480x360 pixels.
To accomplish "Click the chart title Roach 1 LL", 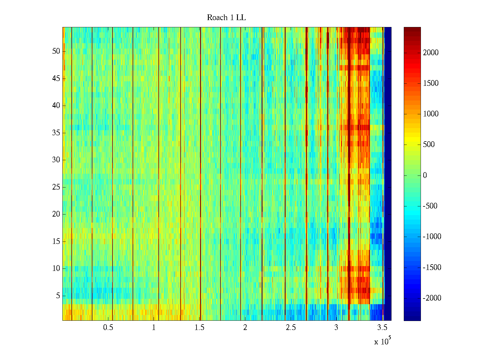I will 226,18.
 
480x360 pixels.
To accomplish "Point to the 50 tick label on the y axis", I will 56,51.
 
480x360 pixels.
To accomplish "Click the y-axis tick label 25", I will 56,187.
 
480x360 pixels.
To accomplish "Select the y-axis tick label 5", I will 58,296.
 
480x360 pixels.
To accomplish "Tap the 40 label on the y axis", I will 56,106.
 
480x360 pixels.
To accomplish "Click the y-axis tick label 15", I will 56,241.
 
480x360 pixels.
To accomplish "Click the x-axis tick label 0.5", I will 108,328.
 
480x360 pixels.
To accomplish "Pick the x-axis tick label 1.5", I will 199,328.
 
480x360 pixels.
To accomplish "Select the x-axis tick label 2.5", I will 291,328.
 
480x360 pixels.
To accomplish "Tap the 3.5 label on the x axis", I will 382,328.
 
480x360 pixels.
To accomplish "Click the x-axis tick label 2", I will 245,328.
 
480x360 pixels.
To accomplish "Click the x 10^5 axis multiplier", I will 382,341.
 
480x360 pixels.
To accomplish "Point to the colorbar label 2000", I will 430,53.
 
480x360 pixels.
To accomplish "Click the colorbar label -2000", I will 432,298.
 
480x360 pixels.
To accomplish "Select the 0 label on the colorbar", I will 425,175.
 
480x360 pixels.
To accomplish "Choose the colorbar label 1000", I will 430,114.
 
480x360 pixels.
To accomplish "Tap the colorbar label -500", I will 430,206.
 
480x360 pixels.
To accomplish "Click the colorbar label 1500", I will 430,83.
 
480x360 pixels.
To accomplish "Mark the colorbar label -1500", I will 432,268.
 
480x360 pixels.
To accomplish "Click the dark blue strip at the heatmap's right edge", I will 388,174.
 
